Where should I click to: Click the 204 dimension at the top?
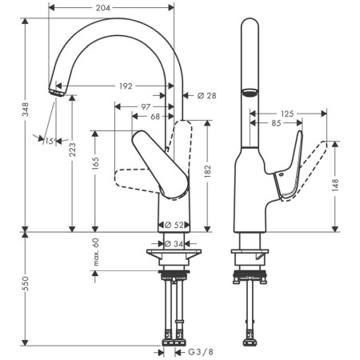(103, 8)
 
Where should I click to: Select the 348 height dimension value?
(26, 109)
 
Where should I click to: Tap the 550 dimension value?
(25, 283)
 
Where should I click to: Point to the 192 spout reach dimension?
(126, 86)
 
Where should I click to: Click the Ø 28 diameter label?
(207, 95)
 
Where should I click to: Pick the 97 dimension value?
(146, 107)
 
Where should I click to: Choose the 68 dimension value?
(155, 117)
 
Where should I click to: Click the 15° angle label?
(50, 142)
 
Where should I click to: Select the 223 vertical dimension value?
(72, 150)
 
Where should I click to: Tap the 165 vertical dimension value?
(95, 163)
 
